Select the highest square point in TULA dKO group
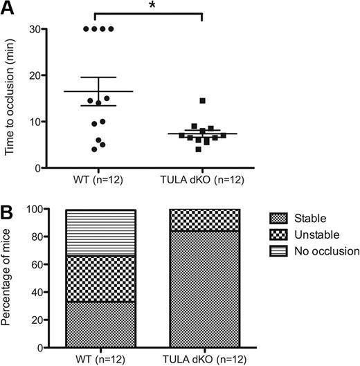[x=202, y=101]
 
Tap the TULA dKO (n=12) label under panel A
[x=202, y=181]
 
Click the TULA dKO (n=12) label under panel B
[x=202, y=360]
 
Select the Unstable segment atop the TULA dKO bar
[x=202, y=219]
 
